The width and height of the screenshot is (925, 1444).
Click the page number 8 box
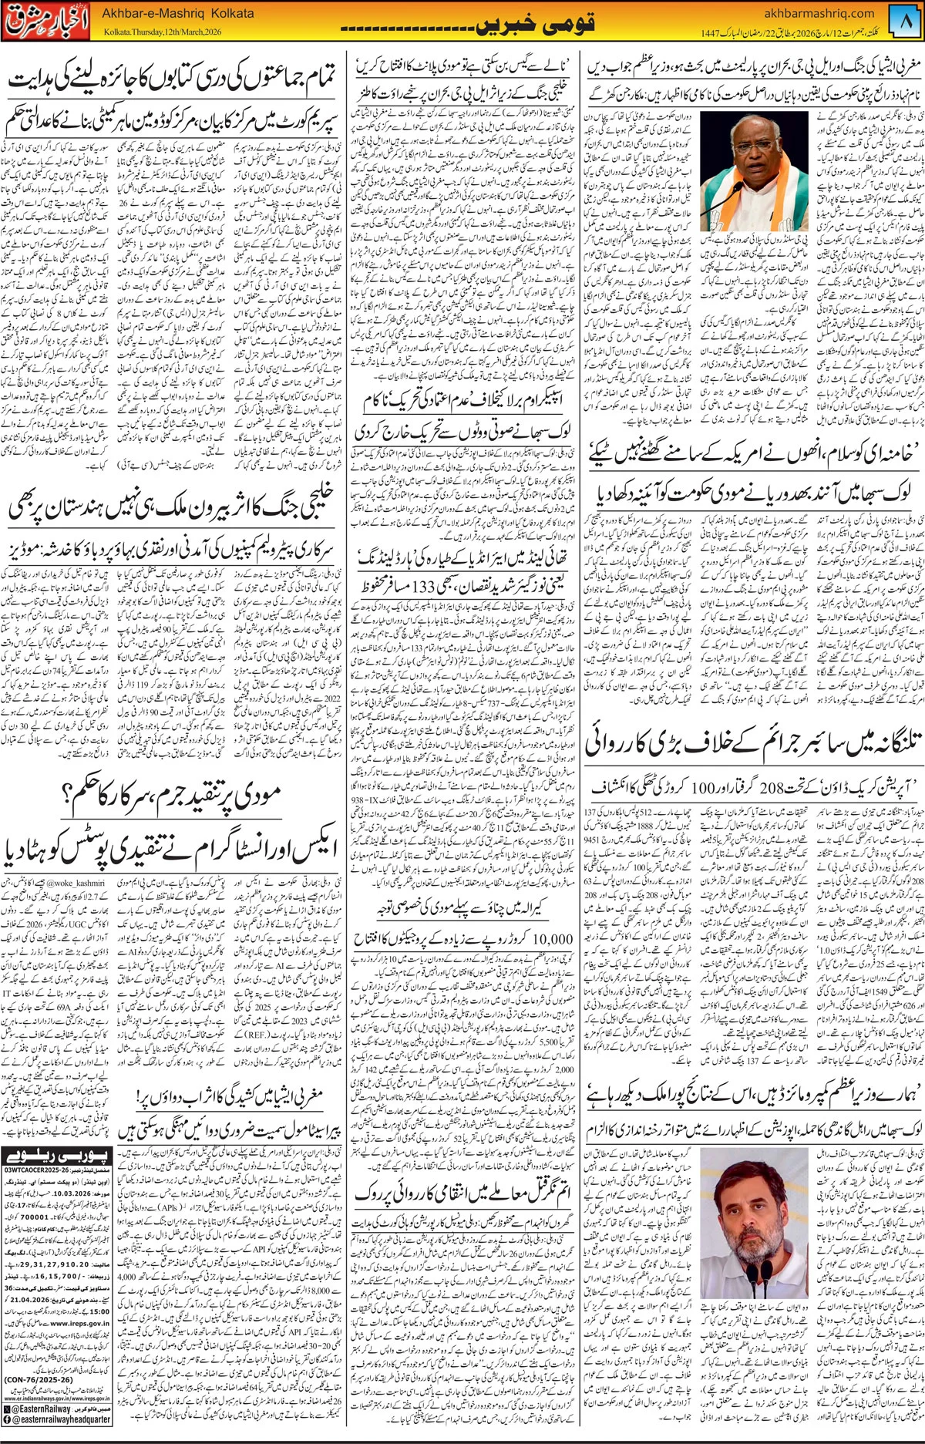pos(906,21)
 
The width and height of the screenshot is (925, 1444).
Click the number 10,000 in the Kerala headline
pos(553,939)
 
